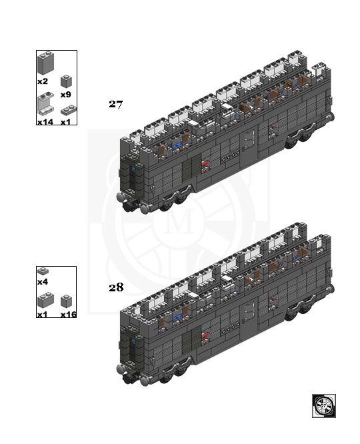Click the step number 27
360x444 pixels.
pyautogui.click(x=116, y=104)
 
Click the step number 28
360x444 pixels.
pyautogui.click(x=116, y=287)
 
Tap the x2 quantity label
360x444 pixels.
pyautogui.click(x=43, y=81)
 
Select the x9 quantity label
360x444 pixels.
pyautogui.click(x=66, y=94)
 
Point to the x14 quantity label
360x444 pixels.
pyautogui.click(x=45, y=122)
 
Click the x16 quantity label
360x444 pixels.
pyautogui.click(x=69, y=314)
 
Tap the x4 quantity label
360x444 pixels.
pyautogui.click(x=43, y=282)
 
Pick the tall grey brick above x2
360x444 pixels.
pyautogui.click(x=45, y=63)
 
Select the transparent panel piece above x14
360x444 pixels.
pyautogui.click(x=45, y=103)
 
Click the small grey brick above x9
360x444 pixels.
pyautogui.click(x=66, y=81)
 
